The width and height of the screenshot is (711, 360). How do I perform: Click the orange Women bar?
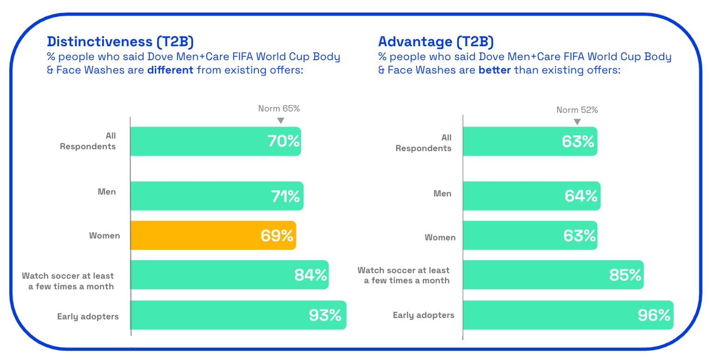(x=213, y=235)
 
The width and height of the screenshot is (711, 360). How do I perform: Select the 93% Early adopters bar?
(x=238, y=315)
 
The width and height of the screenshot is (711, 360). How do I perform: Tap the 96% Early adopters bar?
(x=568, y=315)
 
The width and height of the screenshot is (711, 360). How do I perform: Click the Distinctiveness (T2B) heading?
(x=120, y=42)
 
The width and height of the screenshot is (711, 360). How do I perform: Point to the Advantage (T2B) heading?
(x=436, y=42)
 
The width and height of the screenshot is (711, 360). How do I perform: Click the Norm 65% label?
(x=279, y=109)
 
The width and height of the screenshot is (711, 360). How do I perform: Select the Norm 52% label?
(x=577, y=110)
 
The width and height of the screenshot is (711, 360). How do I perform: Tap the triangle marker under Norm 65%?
(x=280, y=120)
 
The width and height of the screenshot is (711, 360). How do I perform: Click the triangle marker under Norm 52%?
(x=578, y=122)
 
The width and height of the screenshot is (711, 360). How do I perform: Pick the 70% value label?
(x=284, y=141)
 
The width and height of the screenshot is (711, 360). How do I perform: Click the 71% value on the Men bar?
(x=286, y=196)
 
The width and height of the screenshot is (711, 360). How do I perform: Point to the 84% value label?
(x=310, y=275)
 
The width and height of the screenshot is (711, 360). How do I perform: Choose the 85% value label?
(x=625, y=275)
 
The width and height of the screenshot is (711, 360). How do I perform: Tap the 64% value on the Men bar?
(x=581, y=196)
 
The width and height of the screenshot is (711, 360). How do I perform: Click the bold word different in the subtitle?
(x=170, y=70)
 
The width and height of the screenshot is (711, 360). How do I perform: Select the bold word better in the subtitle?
(x=495, y=70)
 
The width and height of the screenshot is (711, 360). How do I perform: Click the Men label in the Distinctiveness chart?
(x=107, y=192)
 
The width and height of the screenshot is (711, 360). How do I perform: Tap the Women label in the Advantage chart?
(x=440, y=237)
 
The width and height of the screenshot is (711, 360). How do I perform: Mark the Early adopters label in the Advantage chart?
(x=424, y=315)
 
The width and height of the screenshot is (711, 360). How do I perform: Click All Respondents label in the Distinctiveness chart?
(x=88, y=141)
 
